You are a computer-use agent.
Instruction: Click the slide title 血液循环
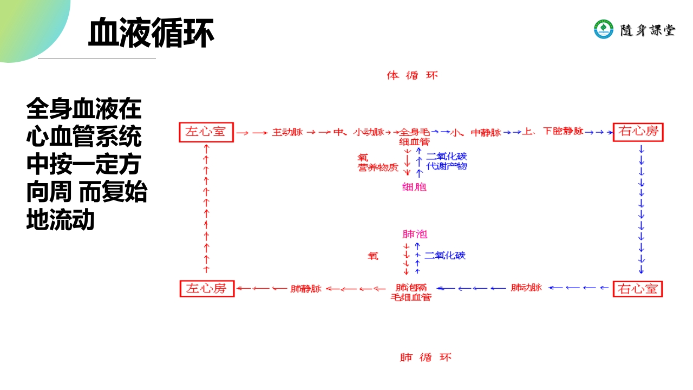click(x=151, y=32)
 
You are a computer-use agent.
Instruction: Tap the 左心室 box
click(x=206, y=132)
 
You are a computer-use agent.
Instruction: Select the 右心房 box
click(x=638, y=132)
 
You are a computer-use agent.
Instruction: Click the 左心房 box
click(x=206, y=288)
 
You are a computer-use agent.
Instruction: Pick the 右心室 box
click(x=638, y=289)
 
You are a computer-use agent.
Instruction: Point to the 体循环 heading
click(x=412, y=75)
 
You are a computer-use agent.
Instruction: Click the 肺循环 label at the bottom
click(x=425, y=357)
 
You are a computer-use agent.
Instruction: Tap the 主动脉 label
click(x=287, y=132)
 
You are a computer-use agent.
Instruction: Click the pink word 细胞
click(x=414, y=187)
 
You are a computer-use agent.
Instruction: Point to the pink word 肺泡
click(x=415, y=234)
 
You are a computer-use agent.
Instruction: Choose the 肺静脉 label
click(x=306, y=288)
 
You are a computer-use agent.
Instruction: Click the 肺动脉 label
click(x=526, y=288)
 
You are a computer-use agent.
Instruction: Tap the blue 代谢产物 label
click(x=447, y=166)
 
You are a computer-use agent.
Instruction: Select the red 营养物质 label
click(x=378, y=167)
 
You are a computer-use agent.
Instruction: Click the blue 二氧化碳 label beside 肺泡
click(x=445, y=255)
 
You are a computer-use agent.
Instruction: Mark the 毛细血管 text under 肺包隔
click(x=411, y=297)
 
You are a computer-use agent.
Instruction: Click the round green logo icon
click(x=604, y=29)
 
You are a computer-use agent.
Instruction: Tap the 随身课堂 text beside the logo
click(x=648, y=30)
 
